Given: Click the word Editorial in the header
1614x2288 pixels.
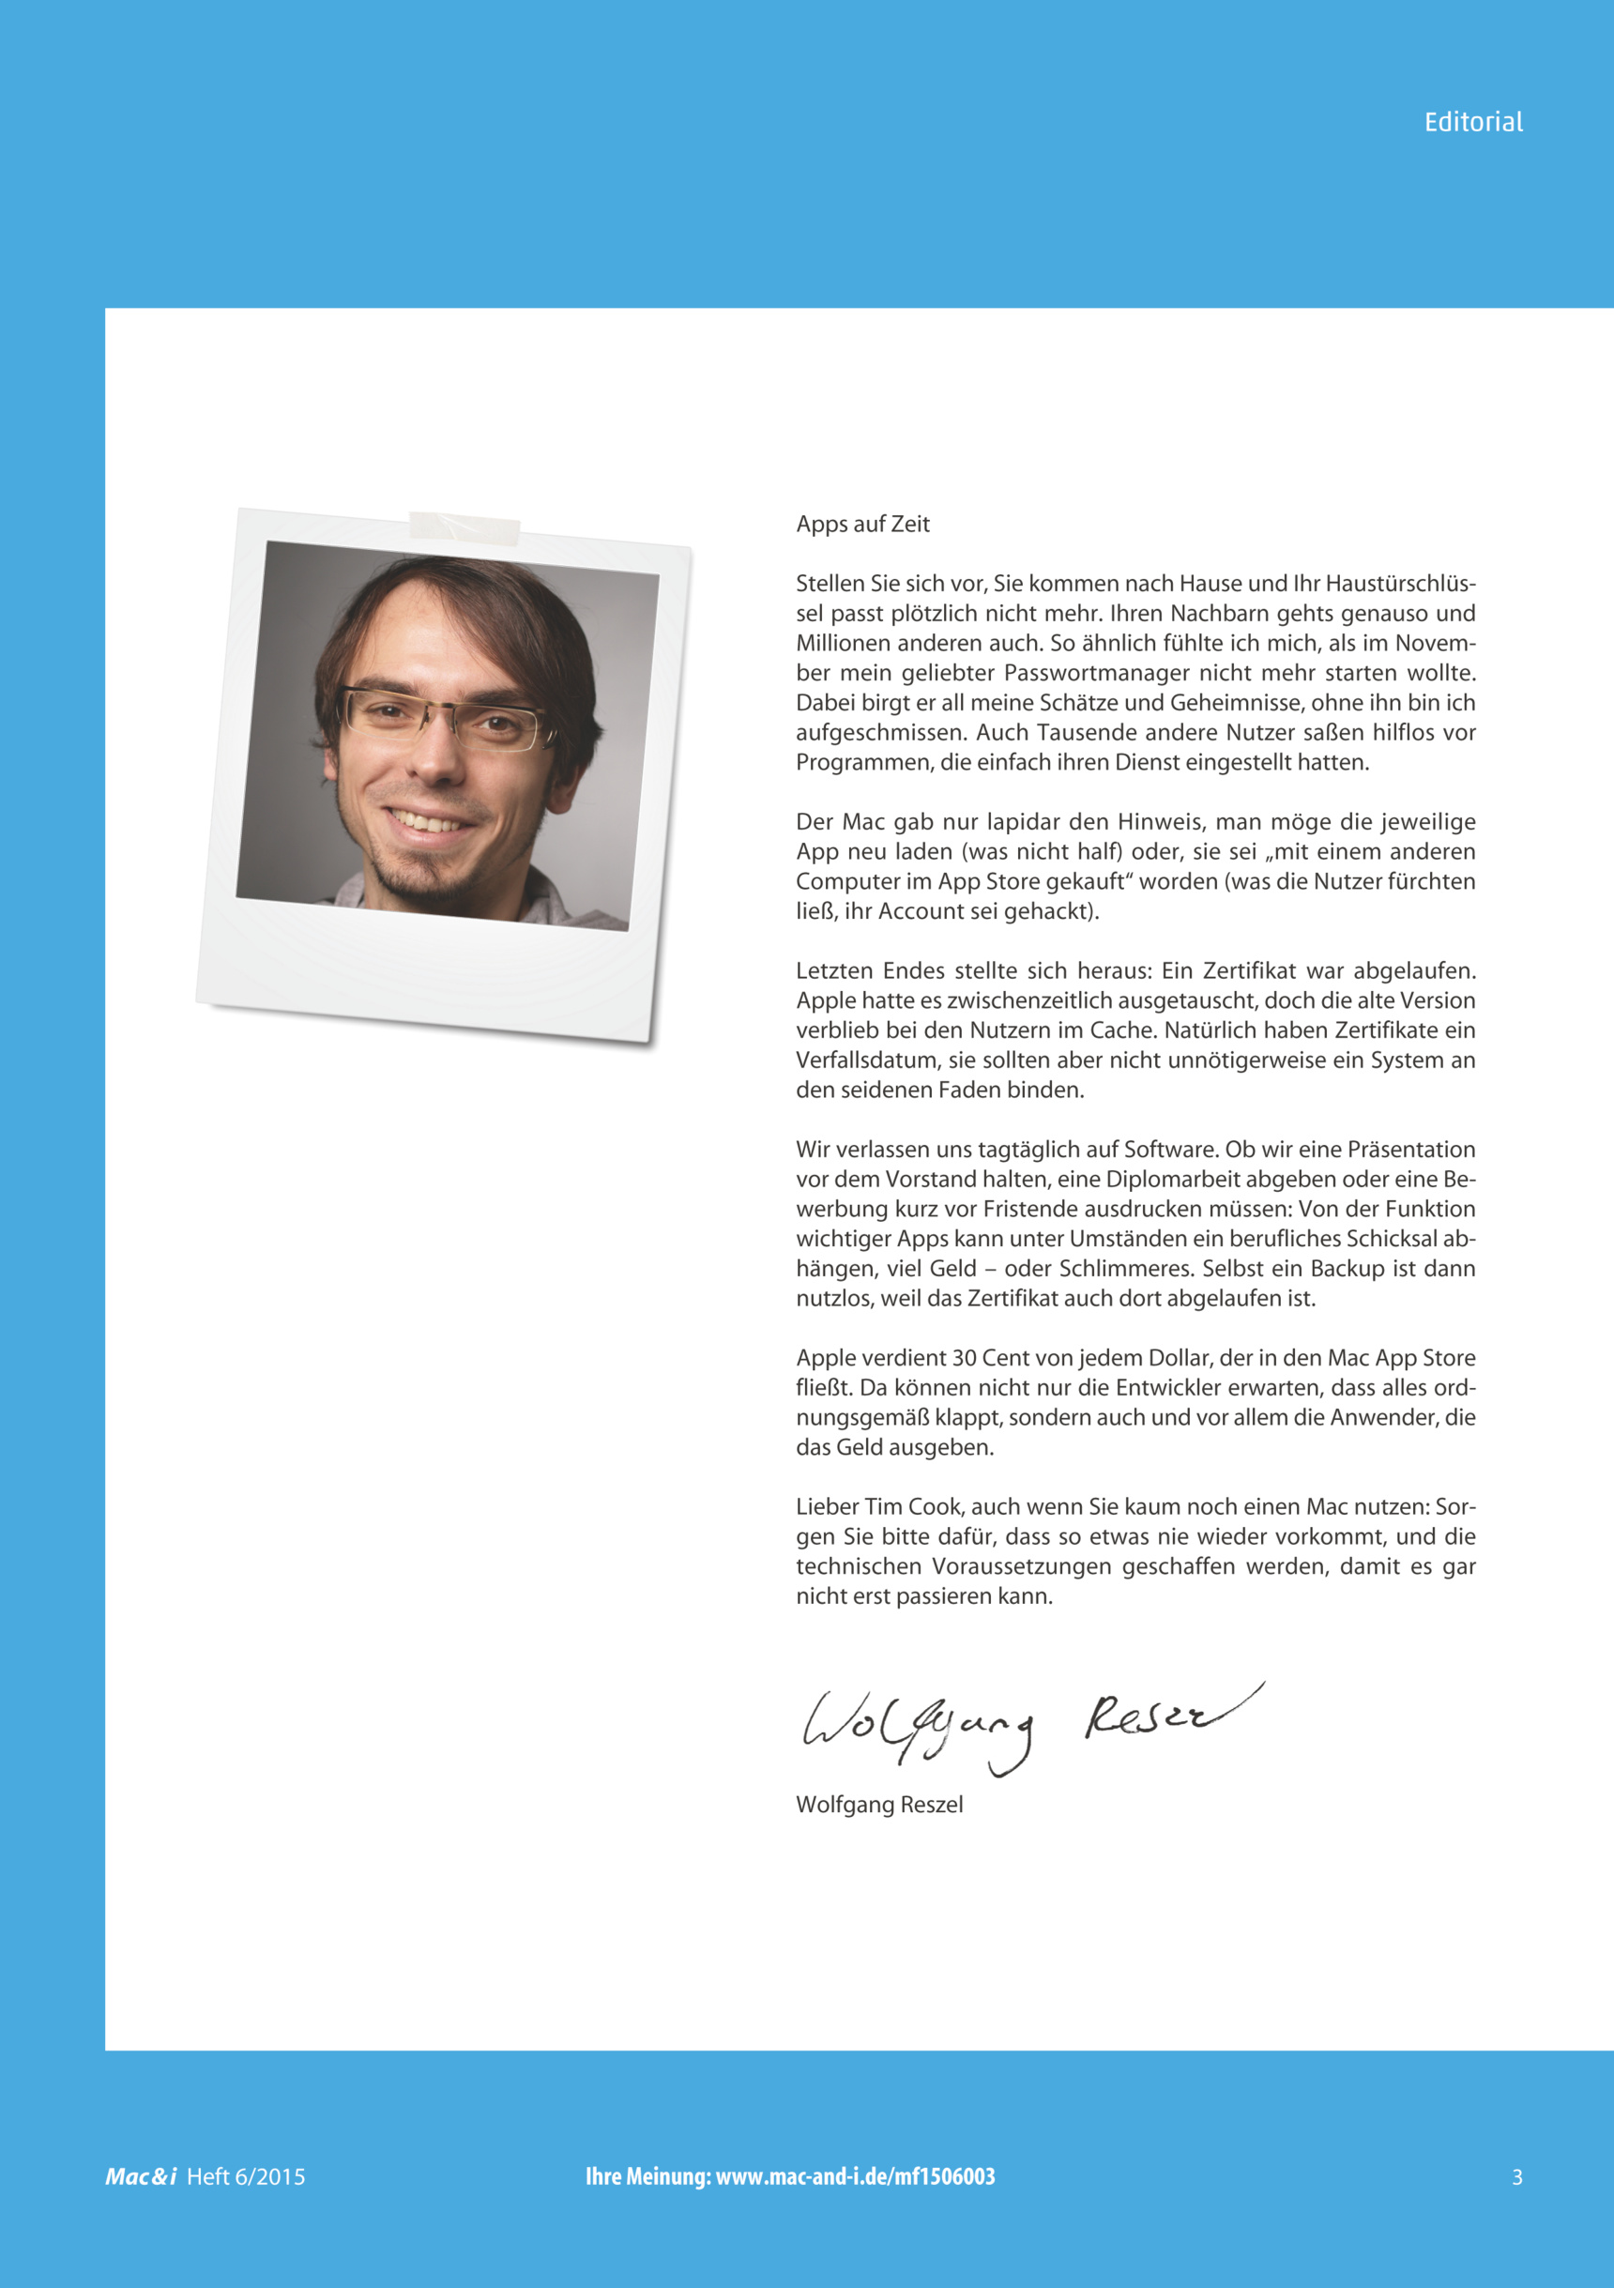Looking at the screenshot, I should (1472, 122).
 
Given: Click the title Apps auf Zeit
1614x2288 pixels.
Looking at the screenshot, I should (861, 525).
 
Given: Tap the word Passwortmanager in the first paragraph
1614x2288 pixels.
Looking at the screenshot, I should (1096, 673).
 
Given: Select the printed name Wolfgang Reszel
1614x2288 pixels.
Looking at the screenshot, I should (878, 1805).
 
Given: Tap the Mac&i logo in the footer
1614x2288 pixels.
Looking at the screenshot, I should (141, 2176).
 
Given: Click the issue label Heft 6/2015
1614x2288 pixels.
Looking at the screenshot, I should (246, 2176).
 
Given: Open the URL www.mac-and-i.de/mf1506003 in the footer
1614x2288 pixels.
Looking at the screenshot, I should (855, 2176).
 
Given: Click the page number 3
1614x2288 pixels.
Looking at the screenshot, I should (1516, 2177).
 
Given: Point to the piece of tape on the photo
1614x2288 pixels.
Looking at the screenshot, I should (464, 528).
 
